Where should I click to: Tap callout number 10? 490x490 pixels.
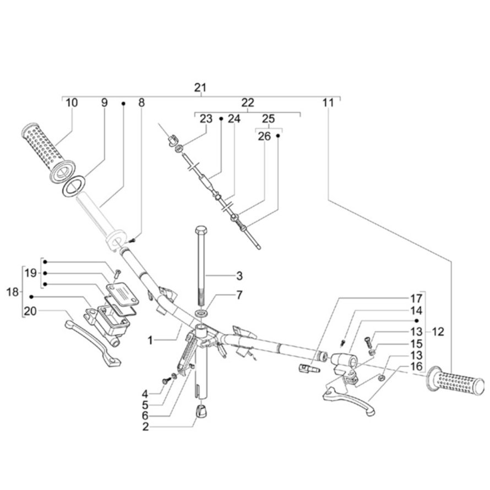pyautogui.click(x=72, y=102)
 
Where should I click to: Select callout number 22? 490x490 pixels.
pyautogui.click(x=248, y=102)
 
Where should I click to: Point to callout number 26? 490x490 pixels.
pyautogui.click(x=264, y=136)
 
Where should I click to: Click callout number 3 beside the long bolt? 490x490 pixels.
pyautogui.click(x=239, y=274)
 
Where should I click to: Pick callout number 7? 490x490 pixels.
pyautogui.click(x=239, y=295)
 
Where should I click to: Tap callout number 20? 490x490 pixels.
pyautogui.click(x=30, y=311)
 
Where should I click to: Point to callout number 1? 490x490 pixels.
pyautogui.click(x=150, y=341)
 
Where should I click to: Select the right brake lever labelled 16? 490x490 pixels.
pyautogui.click(x=352, y=399)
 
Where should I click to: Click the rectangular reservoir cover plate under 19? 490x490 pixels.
pyautogui.click(x=122, y=290)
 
